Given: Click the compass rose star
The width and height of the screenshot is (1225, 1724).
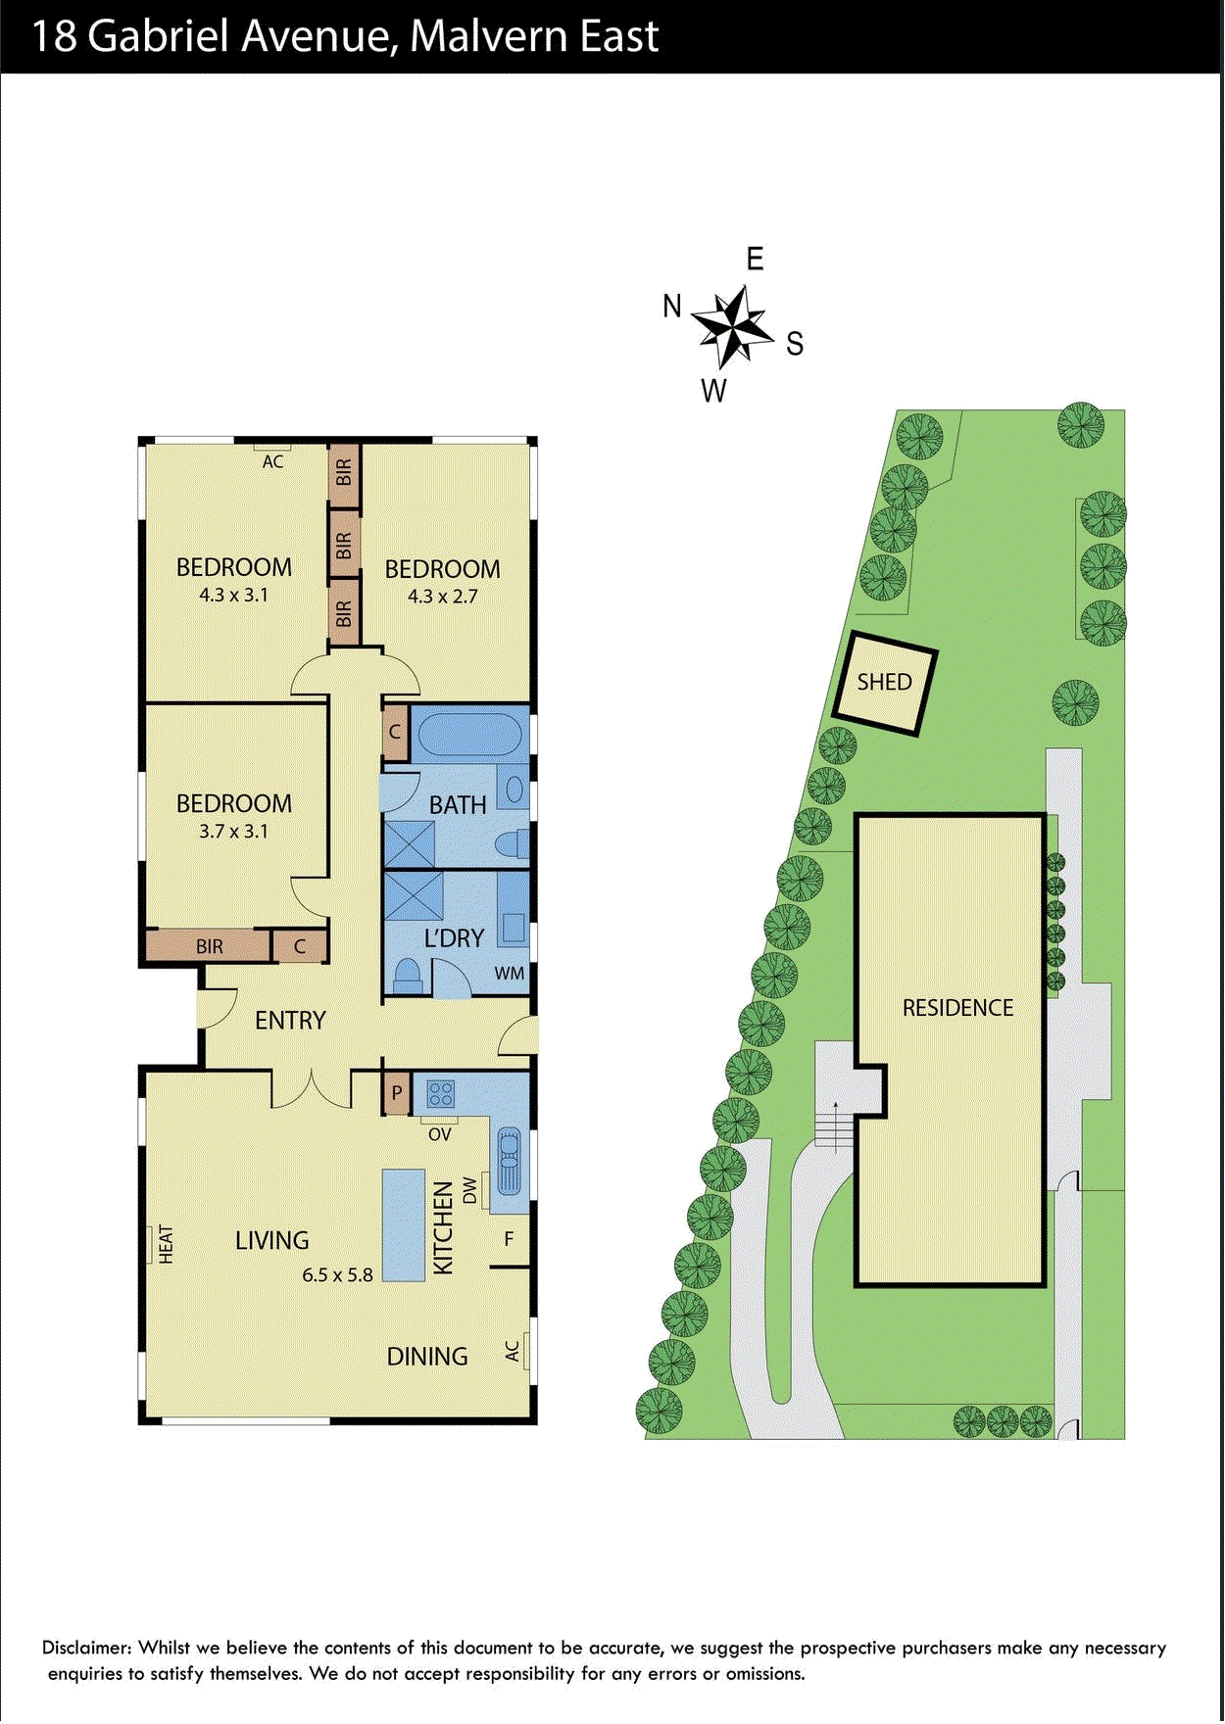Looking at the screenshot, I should pos(733,326).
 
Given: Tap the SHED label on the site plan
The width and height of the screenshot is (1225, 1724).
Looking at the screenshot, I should pos(884,682).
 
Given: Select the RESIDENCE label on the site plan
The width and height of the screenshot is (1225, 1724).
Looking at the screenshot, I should pos(957,1008).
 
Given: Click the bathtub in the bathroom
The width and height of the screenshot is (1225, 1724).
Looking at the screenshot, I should pos(468,734).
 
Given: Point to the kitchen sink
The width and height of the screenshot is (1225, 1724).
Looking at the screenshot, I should pos(510,1162).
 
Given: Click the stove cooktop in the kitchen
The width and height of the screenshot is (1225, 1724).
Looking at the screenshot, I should pos(441,1093).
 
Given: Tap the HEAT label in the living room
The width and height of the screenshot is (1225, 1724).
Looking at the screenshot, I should pos(166,1244).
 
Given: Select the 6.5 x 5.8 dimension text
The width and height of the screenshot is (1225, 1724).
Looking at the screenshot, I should pos(337,1275).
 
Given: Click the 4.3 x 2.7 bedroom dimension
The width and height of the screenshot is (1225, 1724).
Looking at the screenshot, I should pos(443,596).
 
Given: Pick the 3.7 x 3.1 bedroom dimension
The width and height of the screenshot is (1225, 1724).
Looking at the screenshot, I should pos(233,831).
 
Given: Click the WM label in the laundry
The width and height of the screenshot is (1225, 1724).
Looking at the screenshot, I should pos(509,974).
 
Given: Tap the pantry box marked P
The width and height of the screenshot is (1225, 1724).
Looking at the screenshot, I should pos(397,1093).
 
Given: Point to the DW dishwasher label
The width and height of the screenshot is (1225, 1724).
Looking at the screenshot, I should pos(470,1190).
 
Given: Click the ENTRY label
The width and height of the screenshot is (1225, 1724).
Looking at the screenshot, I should pos(290,1021).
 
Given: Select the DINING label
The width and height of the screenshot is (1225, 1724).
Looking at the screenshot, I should pos(427,1357).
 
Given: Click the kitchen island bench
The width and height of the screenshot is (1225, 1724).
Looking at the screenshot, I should pos(403,1224).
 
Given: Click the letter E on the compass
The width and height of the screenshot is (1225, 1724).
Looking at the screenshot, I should pos(755,260).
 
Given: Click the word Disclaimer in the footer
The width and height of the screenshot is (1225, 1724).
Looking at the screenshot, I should pos(86,1648).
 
